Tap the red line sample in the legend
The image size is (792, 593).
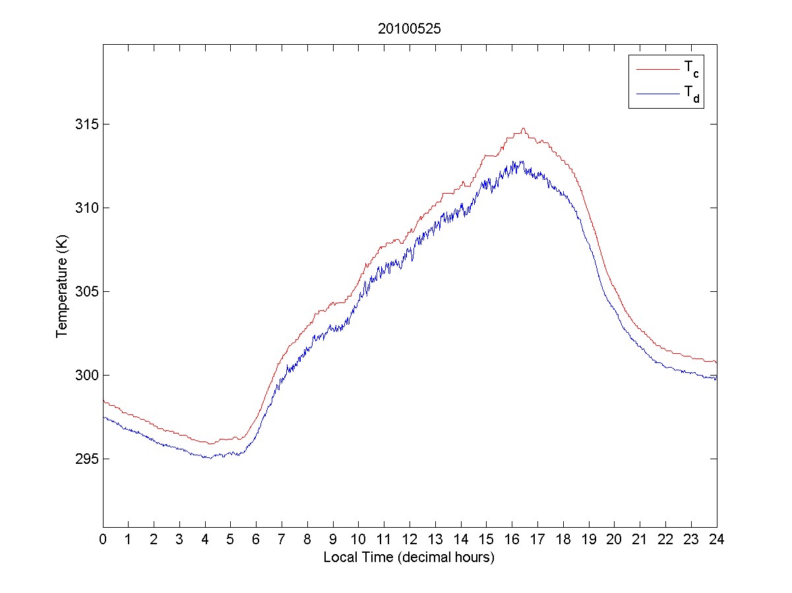657,69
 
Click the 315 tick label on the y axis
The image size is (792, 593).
84,125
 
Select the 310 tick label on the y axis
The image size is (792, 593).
84,208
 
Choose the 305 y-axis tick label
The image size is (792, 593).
84,292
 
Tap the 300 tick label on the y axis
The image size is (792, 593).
84,376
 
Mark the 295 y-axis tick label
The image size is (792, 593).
84,459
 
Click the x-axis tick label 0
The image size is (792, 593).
103,539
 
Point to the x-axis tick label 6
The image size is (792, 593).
257,539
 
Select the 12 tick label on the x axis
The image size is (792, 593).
410,539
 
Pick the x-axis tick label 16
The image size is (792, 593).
512,539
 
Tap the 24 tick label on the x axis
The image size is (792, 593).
716,539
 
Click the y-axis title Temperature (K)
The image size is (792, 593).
61,292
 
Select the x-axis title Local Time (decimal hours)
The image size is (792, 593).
409,557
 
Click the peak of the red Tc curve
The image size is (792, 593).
523,128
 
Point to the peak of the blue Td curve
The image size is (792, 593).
522,161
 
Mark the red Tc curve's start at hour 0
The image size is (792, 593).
104,401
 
